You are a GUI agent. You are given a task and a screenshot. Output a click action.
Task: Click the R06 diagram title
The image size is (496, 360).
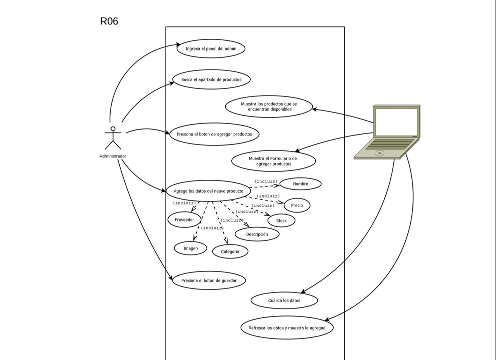tap(109, 21)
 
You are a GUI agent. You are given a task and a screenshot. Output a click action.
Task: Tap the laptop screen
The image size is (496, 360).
tap(396, 122)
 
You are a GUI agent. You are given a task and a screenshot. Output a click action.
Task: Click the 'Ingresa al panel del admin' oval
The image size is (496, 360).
tap(211, 48)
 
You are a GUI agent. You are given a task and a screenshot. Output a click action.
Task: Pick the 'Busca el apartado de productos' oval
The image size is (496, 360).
tap(211, 79)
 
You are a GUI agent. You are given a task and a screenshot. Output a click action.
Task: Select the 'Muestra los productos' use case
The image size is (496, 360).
tap(269, 106)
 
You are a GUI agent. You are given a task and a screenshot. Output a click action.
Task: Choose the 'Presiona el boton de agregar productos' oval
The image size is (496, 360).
tap(214, 134)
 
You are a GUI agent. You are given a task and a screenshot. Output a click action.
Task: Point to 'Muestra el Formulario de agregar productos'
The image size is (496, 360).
tap(273, 161)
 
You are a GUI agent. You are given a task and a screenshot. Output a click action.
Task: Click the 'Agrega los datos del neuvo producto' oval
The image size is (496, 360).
tap(208, 191)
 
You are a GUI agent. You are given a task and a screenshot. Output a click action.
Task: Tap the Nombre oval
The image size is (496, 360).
tap(300, 184)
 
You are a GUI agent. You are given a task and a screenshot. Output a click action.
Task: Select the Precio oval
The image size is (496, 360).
tap(297, 205)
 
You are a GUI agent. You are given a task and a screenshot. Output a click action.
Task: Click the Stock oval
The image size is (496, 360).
tap(281, 220)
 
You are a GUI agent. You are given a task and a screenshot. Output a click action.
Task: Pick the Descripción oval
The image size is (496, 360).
tap(257, 234)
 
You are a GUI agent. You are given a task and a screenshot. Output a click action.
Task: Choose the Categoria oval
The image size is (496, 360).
tap(230, 251)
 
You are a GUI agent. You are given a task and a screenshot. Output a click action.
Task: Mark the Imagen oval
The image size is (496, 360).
tap(190, 248)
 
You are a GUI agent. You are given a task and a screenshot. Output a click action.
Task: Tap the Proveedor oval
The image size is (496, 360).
tap(184, 219)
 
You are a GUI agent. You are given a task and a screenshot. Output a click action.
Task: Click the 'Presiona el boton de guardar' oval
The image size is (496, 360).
tap(209, 280)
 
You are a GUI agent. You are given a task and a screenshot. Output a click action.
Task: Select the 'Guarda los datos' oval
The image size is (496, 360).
tap(284, 300)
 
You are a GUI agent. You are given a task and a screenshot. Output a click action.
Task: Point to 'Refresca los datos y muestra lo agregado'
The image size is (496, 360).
tap(287, 328)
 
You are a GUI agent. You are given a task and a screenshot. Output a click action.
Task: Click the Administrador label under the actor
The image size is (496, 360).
tap(113, 156)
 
